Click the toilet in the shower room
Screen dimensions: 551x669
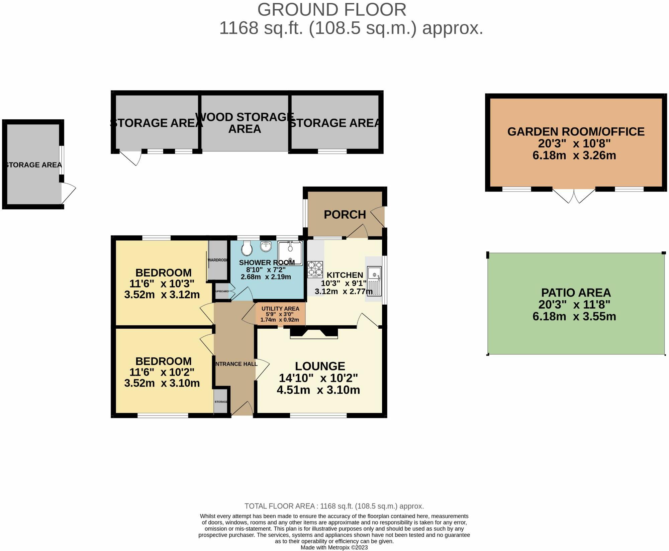point(247,248)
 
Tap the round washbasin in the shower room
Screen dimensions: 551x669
point(266,247)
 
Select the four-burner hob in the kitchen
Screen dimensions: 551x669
point(315,269)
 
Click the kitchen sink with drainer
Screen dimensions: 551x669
point(374,281)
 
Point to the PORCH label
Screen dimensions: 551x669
point(345,215)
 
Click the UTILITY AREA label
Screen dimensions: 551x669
point(280,309)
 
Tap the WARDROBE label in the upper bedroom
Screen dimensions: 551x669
point(218,260)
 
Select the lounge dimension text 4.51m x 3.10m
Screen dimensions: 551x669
point(318,390)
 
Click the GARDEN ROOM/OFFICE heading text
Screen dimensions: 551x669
point(576,132)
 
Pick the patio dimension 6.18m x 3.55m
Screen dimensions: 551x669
point(574,316)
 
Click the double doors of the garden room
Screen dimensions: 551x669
point(574,196)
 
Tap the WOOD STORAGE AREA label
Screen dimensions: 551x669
point(245,123)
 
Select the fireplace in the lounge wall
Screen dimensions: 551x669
point(313,334)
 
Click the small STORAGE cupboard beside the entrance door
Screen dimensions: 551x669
point(220,402)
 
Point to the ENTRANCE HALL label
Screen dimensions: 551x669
point(236,364)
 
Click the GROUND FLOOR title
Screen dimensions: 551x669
point(331,10)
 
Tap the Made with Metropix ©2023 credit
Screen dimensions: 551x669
point(334,547)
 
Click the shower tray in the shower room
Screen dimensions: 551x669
point(290,253)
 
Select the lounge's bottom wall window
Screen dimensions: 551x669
point(318,416)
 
